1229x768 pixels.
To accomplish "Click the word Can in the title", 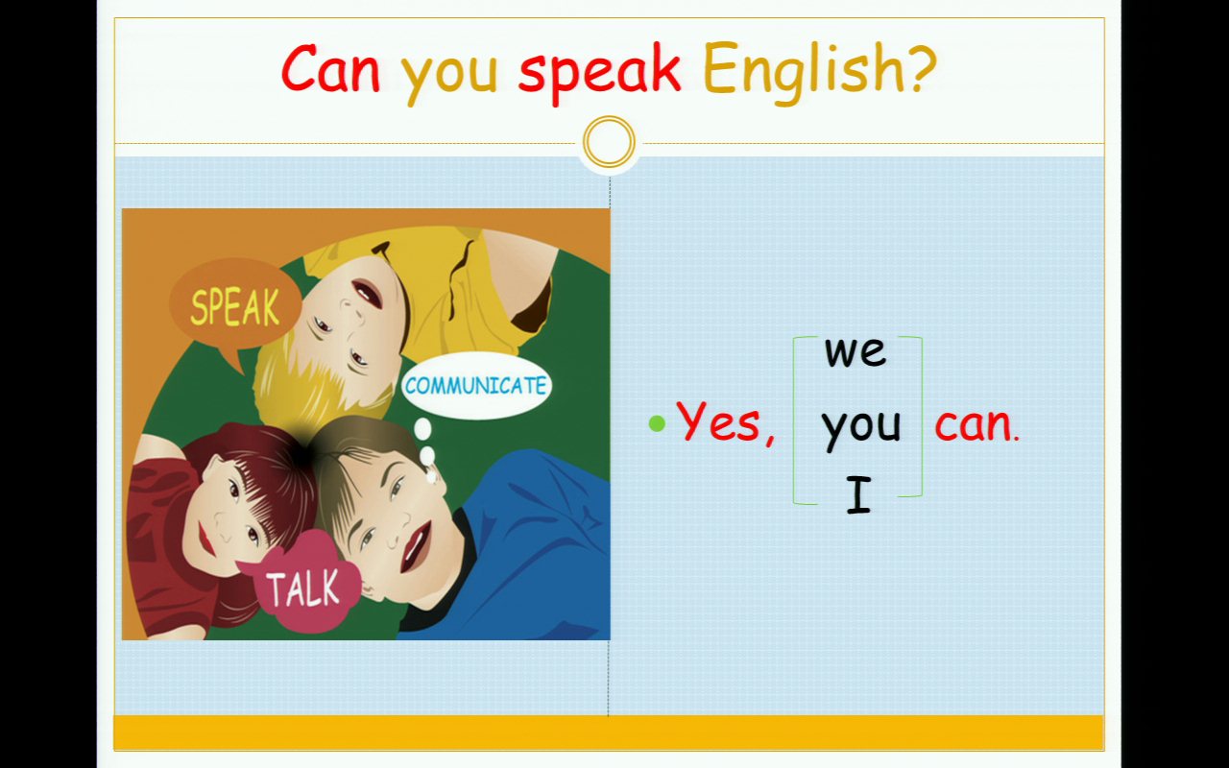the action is [x=330, y=68].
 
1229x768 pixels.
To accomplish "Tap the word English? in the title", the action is [x=820, y=70].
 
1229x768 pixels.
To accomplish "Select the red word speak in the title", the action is [x=600, y=72].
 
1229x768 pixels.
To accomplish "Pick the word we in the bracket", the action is [x=855, y=351].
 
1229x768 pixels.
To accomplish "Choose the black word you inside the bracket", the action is [x=861, y=430].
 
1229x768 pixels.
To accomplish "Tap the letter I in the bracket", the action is [x=858, y=494].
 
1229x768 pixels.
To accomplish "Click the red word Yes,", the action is [x=726, y=422].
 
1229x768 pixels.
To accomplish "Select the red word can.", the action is [x=976, y=425].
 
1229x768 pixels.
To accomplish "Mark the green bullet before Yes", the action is [x=657, y=423].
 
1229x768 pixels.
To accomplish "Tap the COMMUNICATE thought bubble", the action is [x=475, y=386].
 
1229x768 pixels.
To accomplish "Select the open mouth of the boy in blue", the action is [x=415, y=546].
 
